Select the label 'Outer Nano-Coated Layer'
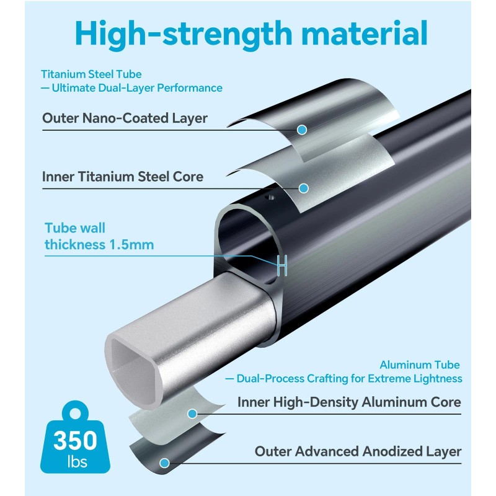coord(125,118)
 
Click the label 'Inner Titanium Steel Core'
coord(123,177)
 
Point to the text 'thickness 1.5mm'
coord(99,244)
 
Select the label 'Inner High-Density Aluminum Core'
coord(349,402)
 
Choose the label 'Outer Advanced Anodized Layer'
coord(358,451)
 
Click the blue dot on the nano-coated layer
coord(302,130)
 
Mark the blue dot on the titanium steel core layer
coord(303,187)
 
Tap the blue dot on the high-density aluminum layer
coord(192,413)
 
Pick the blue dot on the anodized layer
coord(164,463)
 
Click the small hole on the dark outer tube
coord(268,197)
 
